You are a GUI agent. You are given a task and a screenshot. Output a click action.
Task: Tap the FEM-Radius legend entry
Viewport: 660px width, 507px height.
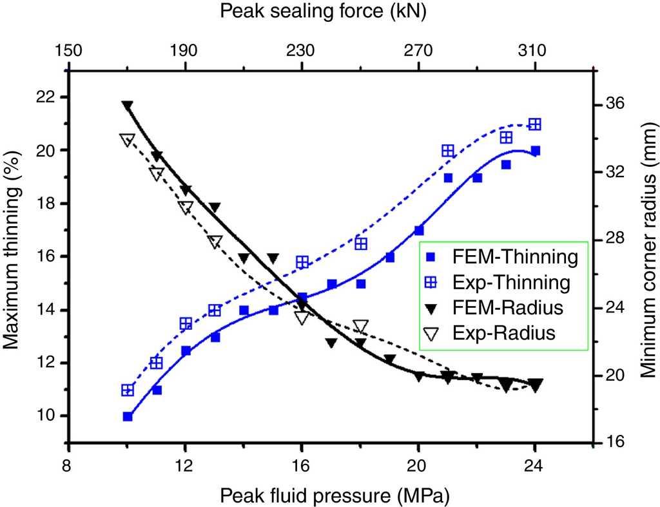click(503, 308)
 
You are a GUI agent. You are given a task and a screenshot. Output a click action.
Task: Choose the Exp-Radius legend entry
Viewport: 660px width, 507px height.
click(503, 333)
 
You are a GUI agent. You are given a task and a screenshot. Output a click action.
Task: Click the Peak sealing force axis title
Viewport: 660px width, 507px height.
click(329, 11)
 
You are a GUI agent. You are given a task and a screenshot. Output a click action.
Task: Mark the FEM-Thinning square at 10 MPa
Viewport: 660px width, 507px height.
click(128, 417)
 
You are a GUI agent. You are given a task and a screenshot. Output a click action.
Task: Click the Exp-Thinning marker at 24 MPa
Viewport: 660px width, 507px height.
click(534, 124)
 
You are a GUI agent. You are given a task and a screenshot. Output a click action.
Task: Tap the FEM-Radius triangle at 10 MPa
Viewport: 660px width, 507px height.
click(128, 106)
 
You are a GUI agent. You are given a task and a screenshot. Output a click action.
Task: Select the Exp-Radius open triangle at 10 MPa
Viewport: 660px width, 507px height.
click(128, 140)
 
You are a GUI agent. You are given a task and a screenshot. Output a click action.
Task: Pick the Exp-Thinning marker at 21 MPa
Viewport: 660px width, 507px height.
click(448, 151)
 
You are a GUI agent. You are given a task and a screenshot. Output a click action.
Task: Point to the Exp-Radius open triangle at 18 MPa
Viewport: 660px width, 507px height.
click(361, 326)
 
